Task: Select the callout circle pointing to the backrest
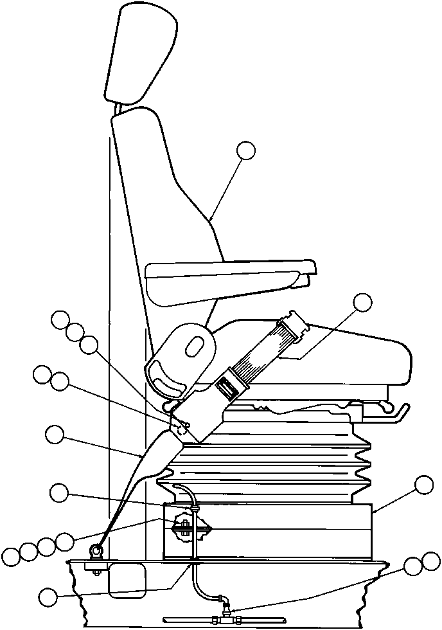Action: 246,150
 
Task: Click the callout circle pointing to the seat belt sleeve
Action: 363,301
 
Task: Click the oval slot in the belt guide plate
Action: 193,346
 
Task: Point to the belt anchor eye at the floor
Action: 96,551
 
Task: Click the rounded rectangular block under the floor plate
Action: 127,581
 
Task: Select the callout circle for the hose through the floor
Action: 48,597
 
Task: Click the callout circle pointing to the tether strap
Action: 55,435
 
